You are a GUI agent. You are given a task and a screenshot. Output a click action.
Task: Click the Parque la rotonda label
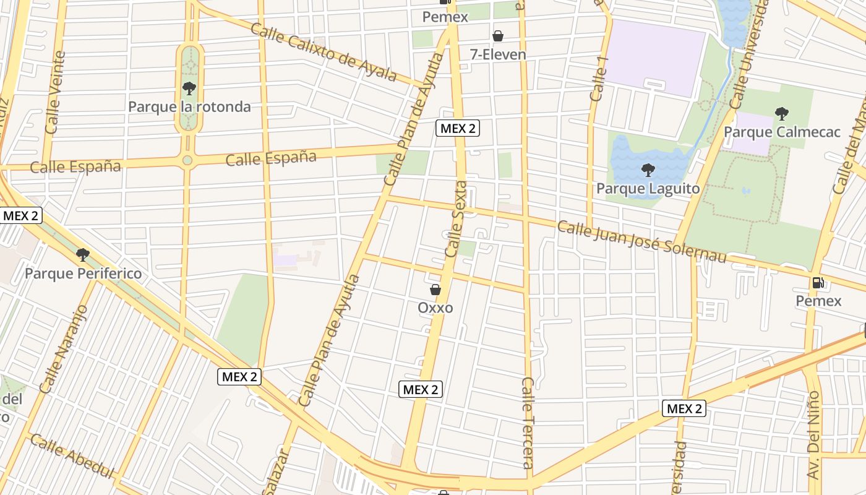point(189,107)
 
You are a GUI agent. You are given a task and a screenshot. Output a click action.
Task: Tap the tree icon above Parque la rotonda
point(189,88)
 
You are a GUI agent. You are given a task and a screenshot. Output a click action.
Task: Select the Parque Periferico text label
point(83,273)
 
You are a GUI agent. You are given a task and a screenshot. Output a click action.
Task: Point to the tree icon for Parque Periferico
point(82,254)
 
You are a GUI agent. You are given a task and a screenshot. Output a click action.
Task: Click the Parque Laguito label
point(648,188)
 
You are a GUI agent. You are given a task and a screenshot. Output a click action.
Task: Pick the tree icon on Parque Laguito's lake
point(648,170)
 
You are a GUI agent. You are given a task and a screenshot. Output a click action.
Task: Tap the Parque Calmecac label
point(782,132)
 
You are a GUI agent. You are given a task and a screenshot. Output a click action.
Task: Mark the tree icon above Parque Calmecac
point(782,113)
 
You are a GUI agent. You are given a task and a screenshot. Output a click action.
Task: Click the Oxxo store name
point(435,308)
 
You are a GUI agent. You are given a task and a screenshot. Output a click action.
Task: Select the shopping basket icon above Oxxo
point(435,289)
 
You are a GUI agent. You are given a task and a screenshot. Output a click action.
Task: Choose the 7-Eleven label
point(497,54)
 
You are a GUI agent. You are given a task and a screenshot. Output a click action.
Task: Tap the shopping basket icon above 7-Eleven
point(497,36)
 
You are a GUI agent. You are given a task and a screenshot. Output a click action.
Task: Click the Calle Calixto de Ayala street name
point(324,53)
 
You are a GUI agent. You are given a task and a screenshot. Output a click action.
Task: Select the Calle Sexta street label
point(455,219)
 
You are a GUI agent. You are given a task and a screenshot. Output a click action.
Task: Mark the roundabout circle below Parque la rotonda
point(187,160)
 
